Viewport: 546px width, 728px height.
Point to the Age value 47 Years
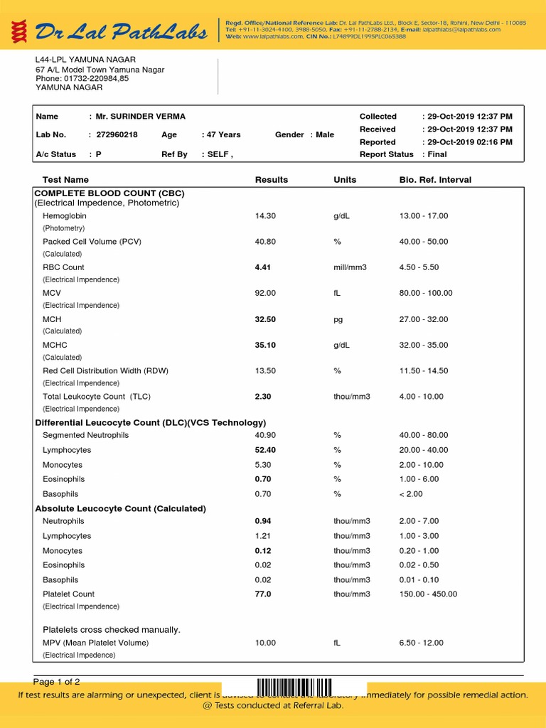224,134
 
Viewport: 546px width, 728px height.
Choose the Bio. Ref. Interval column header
435,180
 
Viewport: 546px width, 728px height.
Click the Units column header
345,180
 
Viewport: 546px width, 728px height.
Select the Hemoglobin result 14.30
265,215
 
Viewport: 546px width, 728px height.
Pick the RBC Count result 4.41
263,267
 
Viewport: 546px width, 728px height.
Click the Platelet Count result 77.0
263,594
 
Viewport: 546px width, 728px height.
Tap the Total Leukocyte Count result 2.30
263,396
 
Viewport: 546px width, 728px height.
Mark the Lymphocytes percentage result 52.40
265,450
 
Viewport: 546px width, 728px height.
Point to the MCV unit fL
338,293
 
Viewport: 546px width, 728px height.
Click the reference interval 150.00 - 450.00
429,594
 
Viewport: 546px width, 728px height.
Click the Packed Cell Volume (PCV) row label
92,242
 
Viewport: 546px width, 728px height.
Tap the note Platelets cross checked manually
112,629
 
